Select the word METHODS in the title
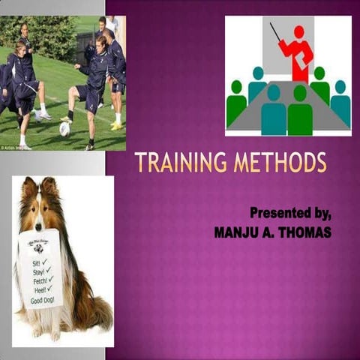pyautogui.click(x=280, y=163)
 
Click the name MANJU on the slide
pyautogui.click(x=238, y=232)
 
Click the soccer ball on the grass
pyautogui.click(x=64, y=128)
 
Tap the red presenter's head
pyautogui.click(x=299, y=32)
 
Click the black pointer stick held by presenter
pyautogui.click(x=275, y=31)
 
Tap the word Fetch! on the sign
pyautogui.click(x=35, y=280)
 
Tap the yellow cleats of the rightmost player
pyautogui.click(x=116, y=125)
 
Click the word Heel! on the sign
pyautogui.click(x=36, y=289)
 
